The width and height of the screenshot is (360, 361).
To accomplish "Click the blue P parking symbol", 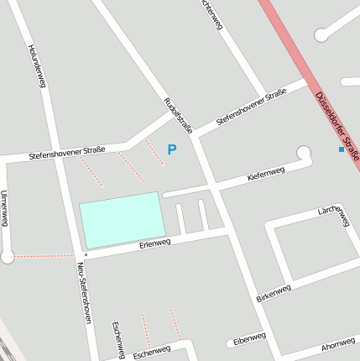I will pyautogui.click(x=172, y=150).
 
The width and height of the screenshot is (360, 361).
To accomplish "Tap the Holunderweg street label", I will pyautogui.click(x=36, y=66).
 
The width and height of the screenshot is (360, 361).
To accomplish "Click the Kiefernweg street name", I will pyautogui.click(x=266, y=174).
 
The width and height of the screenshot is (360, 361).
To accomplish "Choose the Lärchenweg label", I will pyautogui.click(x=334, y=216).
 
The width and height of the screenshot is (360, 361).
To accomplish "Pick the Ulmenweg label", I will pyautogui.click(x=5, y=207).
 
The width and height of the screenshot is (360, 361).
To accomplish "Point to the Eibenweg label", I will pyautogui.click(x=249, y=338).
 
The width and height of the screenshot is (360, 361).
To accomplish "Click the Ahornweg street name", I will pyautogui.click(x=338, y=344).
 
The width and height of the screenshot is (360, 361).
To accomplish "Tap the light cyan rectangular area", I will pyautogui.click(x=122, y=219).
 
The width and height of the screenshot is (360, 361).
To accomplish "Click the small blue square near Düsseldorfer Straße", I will pyautogui.click(x=341, y=149).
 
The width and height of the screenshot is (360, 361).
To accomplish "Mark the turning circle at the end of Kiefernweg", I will pyautogui.click(x=304, y=153).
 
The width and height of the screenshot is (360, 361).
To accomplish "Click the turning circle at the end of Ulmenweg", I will pyautogui.click(x=8, y=257).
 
